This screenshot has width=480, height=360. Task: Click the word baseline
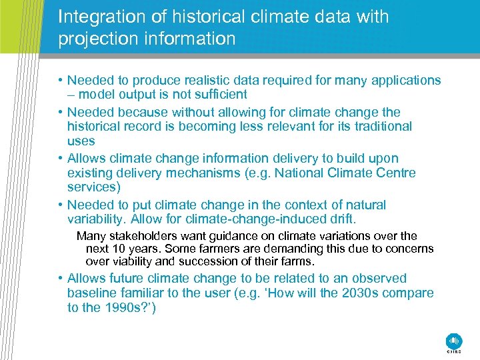click(91, 293)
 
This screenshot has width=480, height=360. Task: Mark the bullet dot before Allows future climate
click(61, 279)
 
